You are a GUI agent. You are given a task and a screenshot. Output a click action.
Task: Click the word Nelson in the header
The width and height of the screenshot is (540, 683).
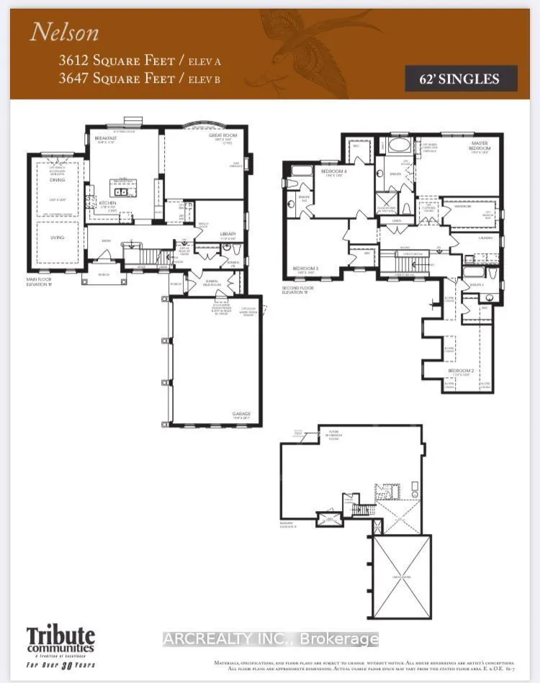64,32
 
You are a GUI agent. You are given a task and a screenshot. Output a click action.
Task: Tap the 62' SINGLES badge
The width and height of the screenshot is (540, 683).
468,78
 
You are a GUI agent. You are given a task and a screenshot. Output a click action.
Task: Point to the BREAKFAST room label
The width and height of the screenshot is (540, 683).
106,140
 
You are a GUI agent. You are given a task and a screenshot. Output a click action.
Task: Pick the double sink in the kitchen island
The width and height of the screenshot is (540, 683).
120,192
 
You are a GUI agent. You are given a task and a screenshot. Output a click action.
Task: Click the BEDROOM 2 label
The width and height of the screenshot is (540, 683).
459,371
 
